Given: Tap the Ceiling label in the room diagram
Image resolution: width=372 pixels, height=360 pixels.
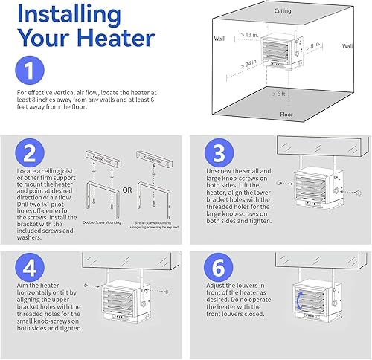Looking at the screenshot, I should point(282,10).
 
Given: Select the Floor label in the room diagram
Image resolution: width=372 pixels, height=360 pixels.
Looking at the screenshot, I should point(286,115).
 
